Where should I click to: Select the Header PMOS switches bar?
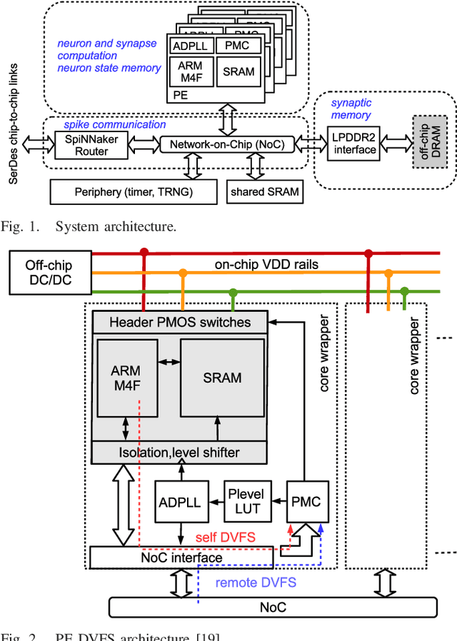pos(180,322)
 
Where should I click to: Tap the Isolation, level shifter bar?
pos(180,452)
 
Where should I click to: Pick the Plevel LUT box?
pos(245,501)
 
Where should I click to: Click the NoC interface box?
pos(181,556)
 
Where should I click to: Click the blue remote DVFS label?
pos(255,582)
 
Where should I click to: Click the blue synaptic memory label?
pos(351,108)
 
